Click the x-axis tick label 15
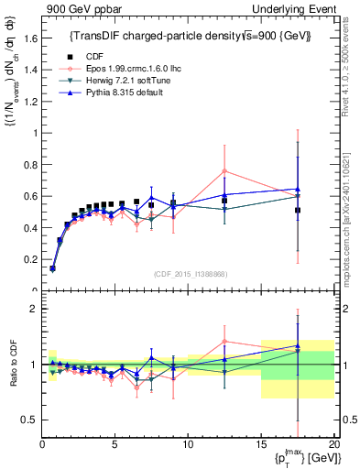coord(261,444)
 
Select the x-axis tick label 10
coord(188,444)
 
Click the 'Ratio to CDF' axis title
coord(11,364)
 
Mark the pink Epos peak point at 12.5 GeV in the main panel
coord(224,170)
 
